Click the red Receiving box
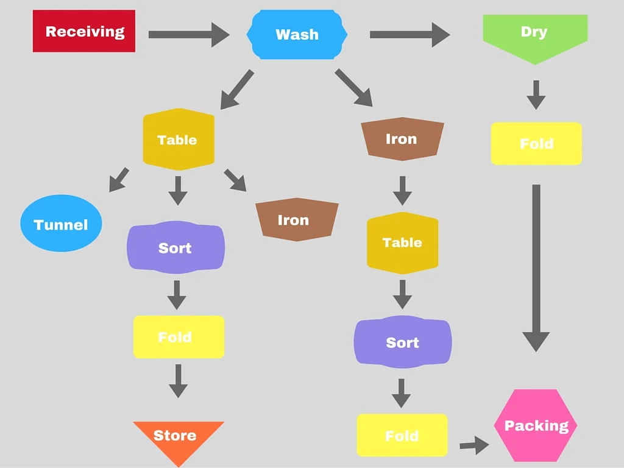click(84, 31)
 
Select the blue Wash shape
click(297, 34)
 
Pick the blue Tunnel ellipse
click(61, 224)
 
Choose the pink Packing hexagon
click(536, 425)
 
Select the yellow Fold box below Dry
click(536, 144)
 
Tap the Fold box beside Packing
click(402, 436)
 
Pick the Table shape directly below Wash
click(178, 140)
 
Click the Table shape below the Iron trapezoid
click(402, 243)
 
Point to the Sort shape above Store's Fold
click(175, 247)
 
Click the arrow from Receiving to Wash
click(188, 34)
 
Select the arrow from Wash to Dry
click(409, 34)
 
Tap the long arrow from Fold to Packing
click(536, 268)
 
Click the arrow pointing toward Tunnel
click(119, 180)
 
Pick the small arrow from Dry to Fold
click(536, 94)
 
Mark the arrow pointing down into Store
click(178, 381)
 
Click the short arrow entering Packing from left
click(473, 445)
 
